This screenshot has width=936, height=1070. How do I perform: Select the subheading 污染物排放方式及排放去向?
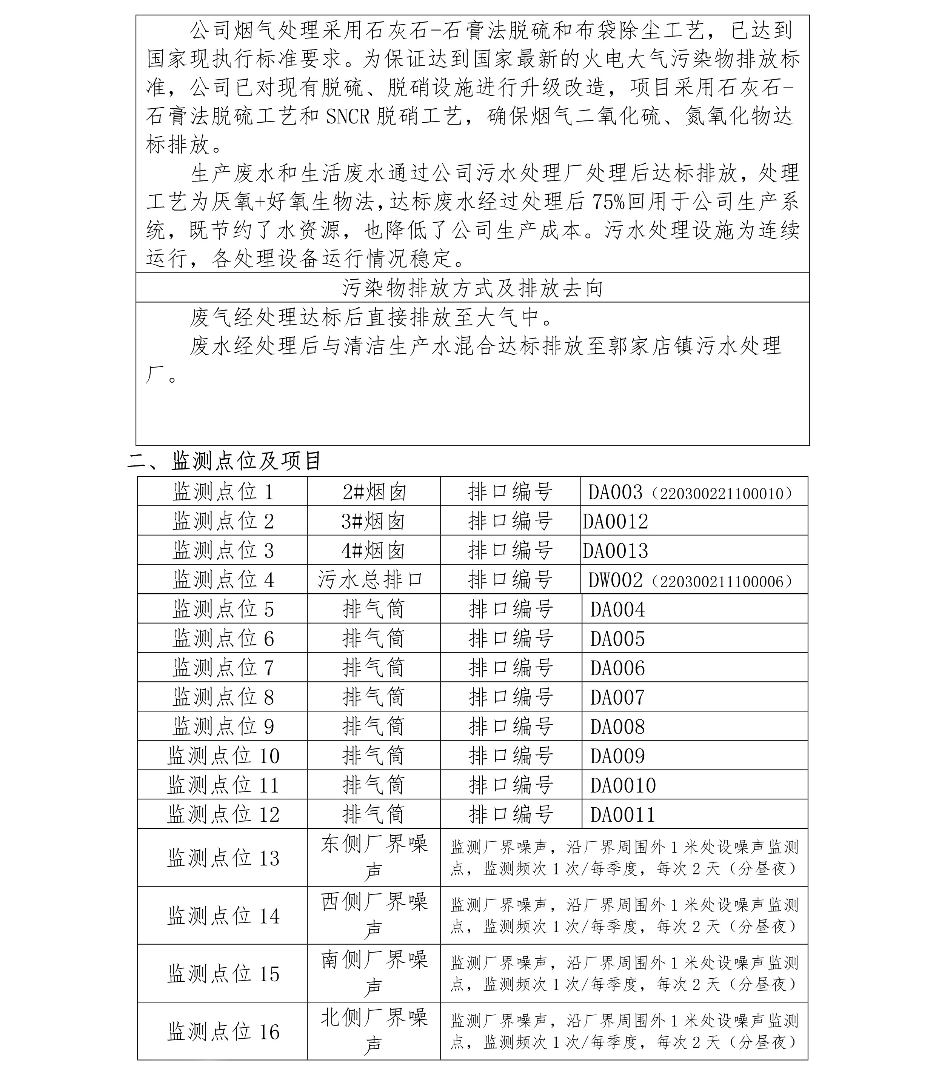[x=472, y=288]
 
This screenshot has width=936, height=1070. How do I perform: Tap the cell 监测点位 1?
[x=223, y=491]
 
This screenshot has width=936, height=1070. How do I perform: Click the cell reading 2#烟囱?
[x=374, y=491]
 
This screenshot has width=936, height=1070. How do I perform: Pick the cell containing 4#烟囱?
[x=374, y=550]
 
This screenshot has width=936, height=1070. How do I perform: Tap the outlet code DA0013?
[x=615, y=550]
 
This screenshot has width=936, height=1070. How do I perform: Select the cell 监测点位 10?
[x=223, y=756]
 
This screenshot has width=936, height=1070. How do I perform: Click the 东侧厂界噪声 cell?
[x=374, y=858]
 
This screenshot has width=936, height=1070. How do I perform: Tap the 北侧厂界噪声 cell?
[x=374, y=1031]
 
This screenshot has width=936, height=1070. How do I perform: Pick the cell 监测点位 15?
[x=223, y=973]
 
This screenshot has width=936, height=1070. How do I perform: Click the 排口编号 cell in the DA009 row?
[x=510, y=756]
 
